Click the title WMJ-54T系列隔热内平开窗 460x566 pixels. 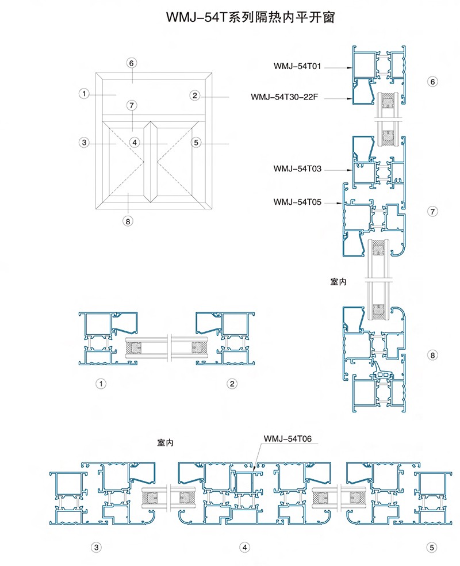tap(250, 17)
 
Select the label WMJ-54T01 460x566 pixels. tap(297, 66)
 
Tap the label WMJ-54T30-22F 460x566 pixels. tap(284, 97)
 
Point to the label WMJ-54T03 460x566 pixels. tap(297, 169)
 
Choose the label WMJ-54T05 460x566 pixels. tap(297, 202)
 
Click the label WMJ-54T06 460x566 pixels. tap(287, 438)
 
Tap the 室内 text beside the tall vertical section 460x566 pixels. tap(338, 281)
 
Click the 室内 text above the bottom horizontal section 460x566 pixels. tap(165, 442)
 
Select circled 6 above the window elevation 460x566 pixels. tap(131, 63)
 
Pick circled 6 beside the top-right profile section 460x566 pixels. tap(432, 82)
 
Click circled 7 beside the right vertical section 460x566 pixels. tap(432, 211)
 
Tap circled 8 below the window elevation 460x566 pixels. tap(128, 221)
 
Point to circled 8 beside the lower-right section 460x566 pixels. tap(432, 355)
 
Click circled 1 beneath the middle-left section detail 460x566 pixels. tap(101, 383)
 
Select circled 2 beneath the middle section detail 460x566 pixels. tap(232, 383)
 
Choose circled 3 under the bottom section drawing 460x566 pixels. tap(96, 548)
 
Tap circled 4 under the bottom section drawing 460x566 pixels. tap(244, 548)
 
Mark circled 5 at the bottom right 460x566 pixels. tap(431, 548)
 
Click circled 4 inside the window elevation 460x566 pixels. tap(135, 143)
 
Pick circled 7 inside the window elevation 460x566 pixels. tap(132, 105)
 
